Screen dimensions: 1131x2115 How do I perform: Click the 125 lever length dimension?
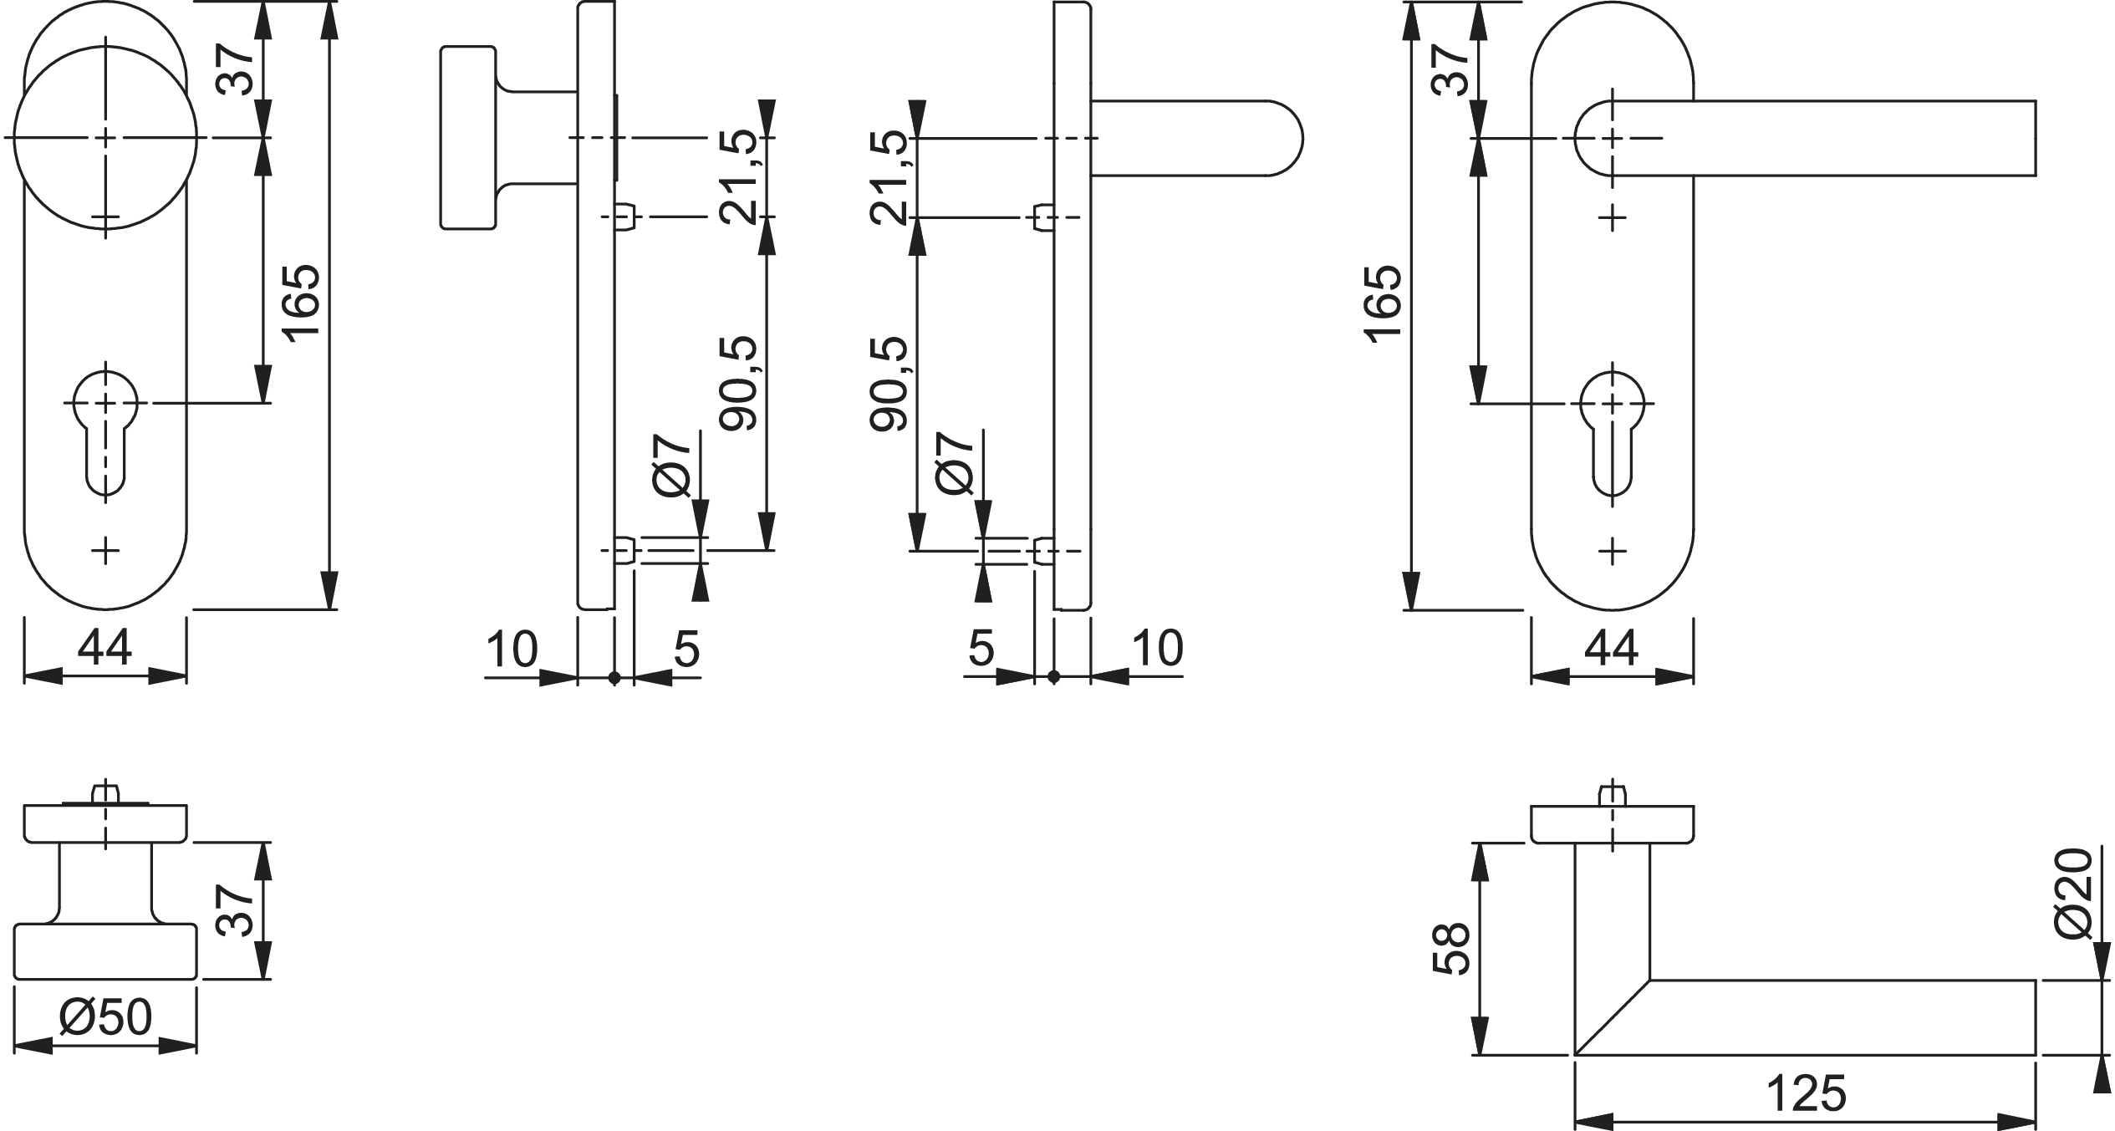1806,1094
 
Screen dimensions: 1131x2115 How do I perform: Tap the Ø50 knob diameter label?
106,1018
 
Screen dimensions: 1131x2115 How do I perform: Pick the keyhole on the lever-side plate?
1613,439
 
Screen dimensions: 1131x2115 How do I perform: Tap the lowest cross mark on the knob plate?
105,550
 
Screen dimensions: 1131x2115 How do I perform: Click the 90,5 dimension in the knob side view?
738,384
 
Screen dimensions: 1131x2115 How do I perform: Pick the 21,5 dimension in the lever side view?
888,177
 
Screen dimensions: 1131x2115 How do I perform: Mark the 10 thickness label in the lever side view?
1157,648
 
